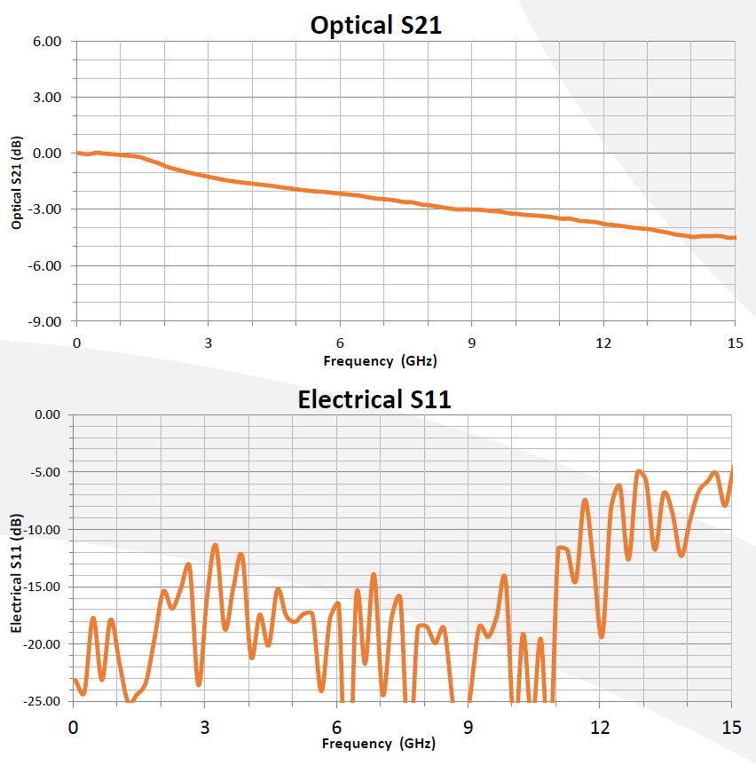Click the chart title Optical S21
coord(376,25)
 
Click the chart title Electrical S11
coord(374,399)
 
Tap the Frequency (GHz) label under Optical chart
coord(380,360)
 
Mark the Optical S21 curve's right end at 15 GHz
coord(734,238)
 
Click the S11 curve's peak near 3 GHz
coord(216,545)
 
